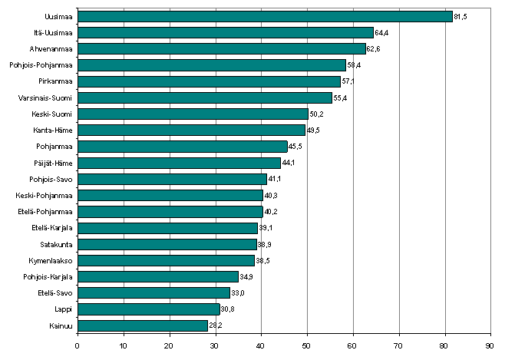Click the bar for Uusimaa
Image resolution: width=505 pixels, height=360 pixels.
(265, 16)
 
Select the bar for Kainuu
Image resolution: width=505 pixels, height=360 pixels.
(143, 325)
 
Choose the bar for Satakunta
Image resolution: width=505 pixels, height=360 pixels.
(167, 244)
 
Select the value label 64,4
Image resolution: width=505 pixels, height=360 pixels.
(381, 32)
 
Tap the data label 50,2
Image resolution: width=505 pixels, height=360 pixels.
(316, 114)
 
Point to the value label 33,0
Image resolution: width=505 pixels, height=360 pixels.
(238, 293)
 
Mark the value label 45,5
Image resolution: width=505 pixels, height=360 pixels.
(295, 147)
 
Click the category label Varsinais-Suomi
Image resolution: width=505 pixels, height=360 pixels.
(45, 97)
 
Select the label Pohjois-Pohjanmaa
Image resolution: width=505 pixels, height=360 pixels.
(41, 65)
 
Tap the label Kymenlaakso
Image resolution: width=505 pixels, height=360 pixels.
(51, 260)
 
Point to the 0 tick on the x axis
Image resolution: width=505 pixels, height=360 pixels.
(78, 345)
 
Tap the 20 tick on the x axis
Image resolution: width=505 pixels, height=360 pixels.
(169, 345)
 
